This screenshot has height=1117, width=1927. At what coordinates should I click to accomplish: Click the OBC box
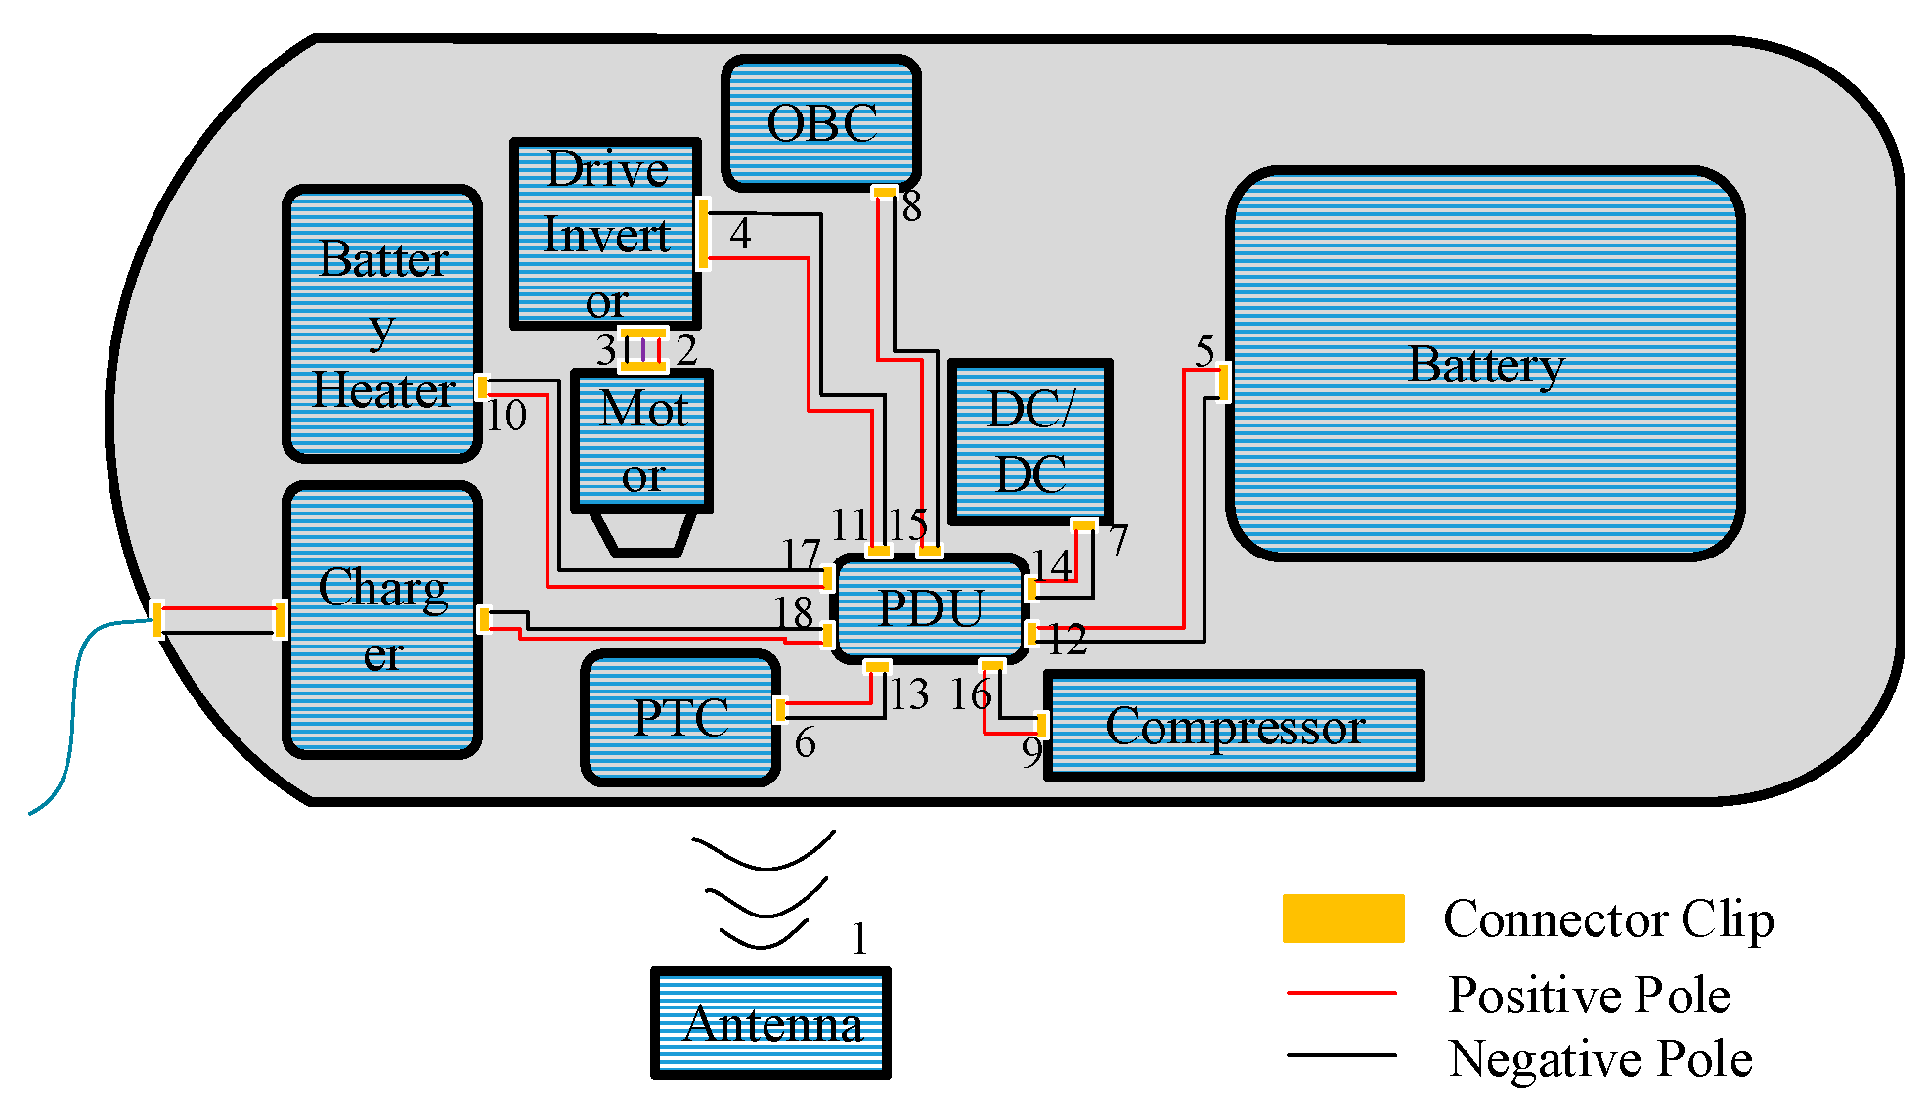pyautogui.click(x=821, y=123)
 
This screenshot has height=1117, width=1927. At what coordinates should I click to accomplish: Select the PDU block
pyautogui.click(x=930, y=608)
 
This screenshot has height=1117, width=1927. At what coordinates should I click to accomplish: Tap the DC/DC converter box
pyautogui.click(x=1030, y=442)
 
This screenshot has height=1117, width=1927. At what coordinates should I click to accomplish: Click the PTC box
pyautogui.click(x=680, y=718)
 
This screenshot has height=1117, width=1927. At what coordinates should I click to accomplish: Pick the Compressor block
pyautogui.click(x=1234, y=726)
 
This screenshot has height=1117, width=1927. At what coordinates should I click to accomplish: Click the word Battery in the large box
pyautogui.click(x=1485, y=365)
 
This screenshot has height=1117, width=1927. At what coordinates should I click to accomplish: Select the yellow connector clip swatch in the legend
pyautogui.click(x=1342, y=918)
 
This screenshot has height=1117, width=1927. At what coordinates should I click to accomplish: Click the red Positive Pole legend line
pyautogui.click(x=1340, y=993)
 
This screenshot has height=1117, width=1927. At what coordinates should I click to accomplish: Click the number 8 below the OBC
pyautogui.click(x=911, y=206)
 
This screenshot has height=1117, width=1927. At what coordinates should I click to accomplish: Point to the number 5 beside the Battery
pyautogui.click(x=1204, y=351)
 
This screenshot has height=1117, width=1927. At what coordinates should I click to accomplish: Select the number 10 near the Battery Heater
pyautogui.click(x=506, y=416)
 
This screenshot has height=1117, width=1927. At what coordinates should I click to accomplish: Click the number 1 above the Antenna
pyautogui.click(x=859, y=939)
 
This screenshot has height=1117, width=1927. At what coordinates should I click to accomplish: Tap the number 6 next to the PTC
pyautogui.click(x=805, y=743)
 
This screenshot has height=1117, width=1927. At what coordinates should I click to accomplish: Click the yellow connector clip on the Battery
pyautogui.click(x=1223, y=381)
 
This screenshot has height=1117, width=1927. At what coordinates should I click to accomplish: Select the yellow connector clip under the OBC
pyautogui.click(x=884, y=192)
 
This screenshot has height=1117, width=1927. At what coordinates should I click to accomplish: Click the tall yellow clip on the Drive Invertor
pyautogui.click(x=703, y=234)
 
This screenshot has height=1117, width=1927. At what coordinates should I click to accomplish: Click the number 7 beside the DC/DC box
pyautogui.click(x=1118, y=540)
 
